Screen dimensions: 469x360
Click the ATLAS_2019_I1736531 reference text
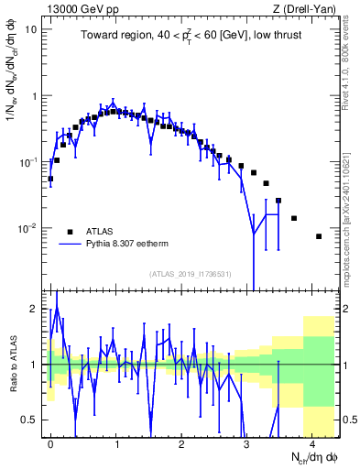pyautogui.click(x=190, y=274)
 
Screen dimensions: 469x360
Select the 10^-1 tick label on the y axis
pyautogui.click(x=27, y=162)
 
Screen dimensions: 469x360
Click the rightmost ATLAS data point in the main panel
pyautogui.click(x=319, y=236)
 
